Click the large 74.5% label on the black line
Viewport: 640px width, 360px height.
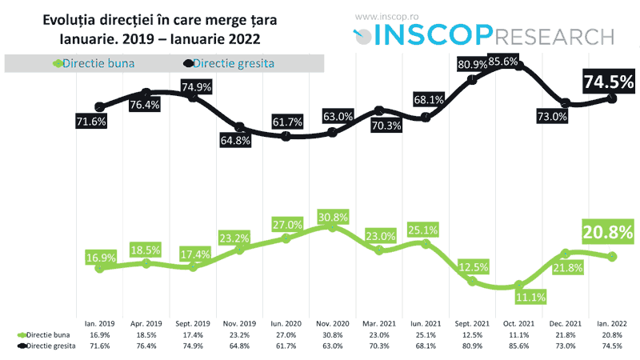608,81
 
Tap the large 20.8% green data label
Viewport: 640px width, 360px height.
608,234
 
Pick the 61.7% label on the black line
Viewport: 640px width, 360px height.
287,122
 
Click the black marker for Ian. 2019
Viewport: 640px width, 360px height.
99,106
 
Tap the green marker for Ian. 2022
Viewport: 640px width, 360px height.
613,256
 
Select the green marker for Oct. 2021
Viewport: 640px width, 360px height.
519,284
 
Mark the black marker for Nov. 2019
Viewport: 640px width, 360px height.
240,127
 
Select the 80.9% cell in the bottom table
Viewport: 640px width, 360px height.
473,344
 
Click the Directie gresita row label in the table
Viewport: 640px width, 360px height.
50,344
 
